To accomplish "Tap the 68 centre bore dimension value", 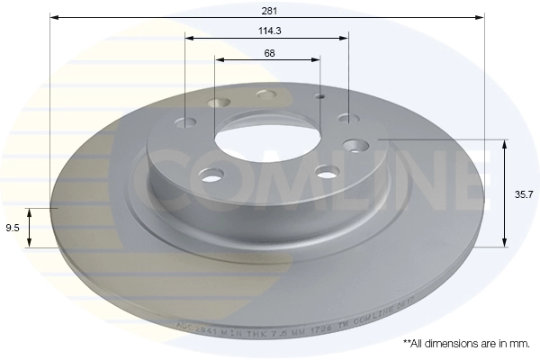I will click(x=269, y=53).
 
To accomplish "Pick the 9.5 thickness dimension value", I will click(x=13, y=228).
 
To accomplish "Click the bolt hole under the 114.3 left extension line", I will click(x=187, y=122).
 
